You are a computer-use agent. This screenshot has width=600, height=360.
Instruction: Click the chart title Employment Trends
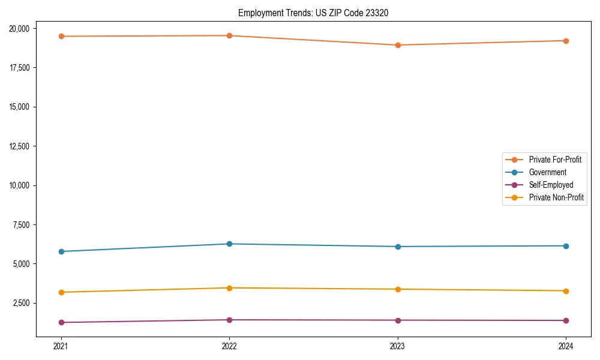[x=313, y=13]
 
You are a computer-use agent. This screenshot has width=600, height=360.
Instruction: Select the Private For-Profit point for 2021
[x=61, y=36]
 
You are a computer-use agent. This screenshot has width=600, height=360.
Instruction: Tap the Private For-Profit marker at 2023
[x=398, y=45]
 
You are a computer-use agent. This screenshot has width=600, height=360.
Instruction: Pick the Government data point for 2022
[x=229, y=244]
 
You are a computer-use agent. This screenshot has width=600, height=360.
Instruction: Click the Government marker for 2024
[x=566, y=246]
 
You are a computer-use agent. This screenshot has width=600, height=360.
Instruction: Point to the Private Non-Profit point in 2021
[x=61, y=292]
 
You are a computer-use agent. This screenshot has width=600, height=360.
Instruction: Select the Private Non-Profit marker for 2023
[x=398, y=289]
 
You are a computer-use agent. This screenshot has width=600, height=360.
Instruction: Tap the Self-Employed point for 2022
[x=229, y=320]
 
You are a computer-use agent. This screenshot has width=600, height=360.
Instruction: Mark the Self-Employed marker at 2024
[x=566, y=320]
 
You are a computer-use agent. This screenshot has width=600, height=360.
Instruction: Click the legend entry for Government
[x=547, y=172]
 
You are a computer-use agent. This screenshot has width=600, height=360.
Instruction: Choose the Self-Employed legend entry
[x=551, y=185]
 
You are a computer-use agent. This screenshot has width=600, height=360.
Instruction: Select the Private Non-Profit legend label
[x=556, y=197]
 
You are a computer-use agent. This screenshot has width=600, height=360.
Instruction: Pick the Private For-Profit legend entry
[x=555, y=160]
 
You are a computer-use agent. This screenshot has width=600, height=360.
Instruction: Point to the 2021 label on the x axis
[x=61, y=346]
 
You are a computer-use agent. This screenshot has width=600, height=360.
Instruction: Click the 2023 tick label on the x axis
[x=398, y=346]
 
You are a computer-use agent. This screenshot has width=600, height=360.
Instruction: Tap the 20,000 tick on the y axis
[x=22, y=28]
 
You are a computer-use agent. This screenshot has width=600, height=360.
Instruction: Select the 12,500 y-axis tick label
[x=22, y=146]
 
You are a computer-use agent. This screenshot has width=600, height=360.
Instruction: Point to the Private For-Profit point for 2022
[x=229, y=35]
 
